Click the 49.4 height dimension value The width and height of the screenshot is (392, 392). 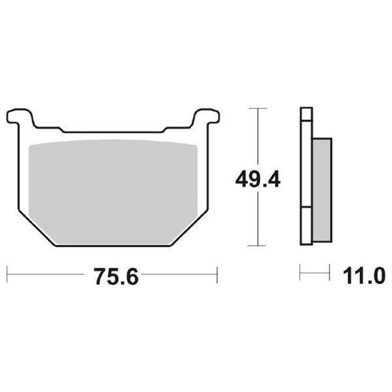pyautogui.click(x=258, y=179)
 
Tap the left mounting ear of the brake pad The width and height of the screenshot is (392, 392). pyautogui.click(x=20, y=117)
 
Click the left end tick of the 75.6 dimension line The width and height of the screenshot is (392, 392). pyautogui.click(x=7, y=275)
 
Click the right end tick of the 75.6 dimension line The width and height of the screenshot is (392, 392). pyautogui.click(x=217, y=275)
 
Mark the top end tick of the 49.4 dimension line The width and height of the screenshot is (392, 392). pyautogui.click(x=258, y=108)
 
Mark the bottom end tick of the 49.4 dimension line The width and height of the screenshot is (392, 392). pyautogui.click(x=258, y=245)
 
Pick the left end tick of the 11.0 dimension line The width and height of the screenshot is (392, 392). pyautogui.click(x=300, y=272)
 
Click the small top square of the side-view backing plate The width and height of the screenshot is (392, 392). pyautogui.click(x=306, y=114)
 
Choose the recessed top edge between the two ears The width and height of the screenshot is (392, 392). pyautogui.click(x=113, y=132)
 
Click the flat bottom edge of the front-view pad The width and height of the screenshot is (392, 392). pyautogui.click(x=113, y=245)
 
